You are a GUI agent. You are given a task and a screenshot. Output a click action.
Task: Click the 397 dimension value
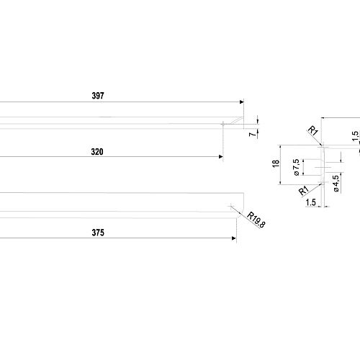pos(98,96)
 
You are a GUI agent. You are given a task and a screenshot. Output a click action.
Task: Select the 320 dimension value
pos(97,152)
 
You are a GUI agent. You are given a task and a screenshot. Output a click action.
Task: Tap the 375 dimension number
pos(98,233)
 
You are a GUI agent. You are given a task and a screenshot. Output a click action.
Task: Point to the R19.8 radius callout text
pos(256,220)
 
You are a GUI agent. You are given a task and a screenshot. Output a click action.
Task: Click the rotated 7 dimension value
pos(253,134)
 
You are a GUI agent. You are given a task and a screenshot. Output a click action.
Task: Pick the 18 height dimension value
pos(276,163)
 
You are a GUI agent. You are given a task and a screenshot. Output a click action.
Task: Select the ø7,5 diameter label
pos(297,167)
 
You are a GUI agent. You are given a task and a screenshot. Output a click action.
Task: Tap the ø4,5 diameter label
pos(336,184)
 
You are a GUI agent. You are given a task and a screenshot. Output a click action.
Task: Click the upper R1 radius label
pos(313,130)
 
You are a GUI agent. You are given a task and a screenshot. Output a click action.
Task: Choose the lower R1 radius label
pos(303,191)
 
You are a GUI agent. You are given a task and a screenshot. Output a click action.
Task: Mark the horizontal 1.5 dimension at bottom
pos(311,202)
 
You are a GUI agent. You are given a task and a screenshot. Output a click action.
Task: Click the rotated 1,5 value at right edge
pos(356,136)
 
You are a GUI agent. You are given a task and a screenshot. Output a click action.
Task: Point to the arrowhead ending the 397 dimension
pos(242,102)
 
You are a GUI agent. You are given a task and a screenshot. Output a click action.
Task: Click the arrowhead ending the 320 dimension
pos(221,157)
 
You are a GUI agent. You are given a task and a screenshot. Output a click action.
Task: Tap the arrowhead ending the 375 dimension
pos(234,238)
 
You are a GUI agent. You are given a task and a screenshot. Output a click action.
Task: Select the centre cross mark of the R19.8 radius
pos(231,206)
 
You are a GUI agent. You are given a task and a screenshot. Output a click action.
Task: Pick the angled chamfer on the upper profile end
pos(236,121)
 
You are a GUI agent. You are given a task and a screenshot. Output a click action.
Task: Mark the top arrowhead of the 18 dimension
pos(280,147)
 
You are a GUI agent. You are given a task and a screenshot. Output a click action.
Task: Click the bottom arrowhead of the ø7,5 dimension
pos(303,174)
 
